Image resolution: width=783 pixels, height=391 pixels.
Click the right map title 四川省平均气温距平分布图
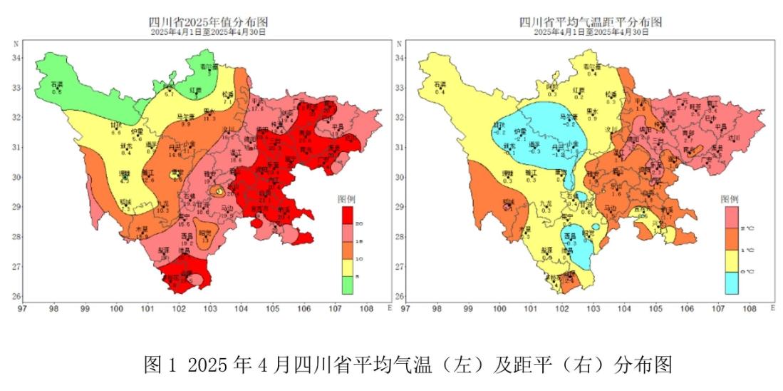click(x=590, y=22)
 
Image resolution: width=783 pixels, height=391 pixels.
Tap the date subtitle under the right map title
click(x=591, y=32)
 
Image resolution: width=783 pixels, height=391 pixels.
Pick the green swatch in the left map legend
click(x=348, y=285)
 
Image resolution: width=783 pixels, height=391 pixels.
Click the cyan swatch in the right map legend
click(x=732, y=283)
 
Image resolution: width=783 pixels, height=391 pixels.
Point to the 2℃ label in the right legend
click(x=747, y=228)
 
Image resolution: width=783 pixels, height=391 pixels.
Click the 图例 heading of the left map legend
click(x=348, y=199)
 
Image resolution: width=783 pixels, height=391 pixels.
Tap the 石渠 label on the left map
click(x=58, y=85)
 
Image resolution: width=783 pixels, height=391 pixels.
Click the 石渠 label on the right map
click(x=440, y=85)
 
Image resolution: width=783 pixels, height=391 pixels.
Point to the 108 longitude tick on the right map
click(x=750, y=308)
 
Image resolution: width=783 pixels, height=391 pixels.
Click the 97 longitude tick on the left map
click(x=23, y=308)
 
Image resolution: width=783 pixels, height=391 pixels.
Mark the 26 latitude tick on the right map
click(x=400, y=297)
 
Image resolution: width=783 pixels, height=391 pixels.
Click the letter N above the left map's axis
click(x=16, y=44)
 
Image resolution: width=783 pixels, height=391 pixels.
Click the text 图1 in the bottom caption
click(x=161, y=365)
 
